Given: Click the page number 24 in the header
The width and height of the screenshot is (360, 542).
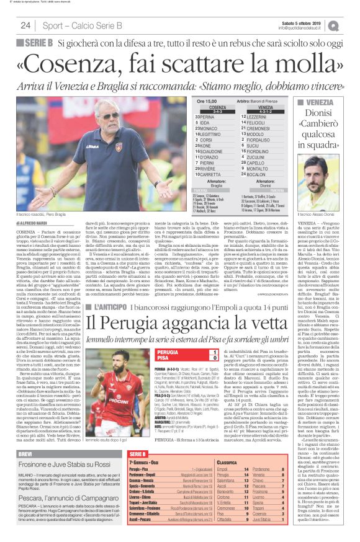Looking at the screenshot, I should (25, 25).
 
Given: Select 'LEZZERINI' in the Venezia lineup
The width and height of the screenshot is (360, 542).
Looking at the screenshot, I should (256, 116).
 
